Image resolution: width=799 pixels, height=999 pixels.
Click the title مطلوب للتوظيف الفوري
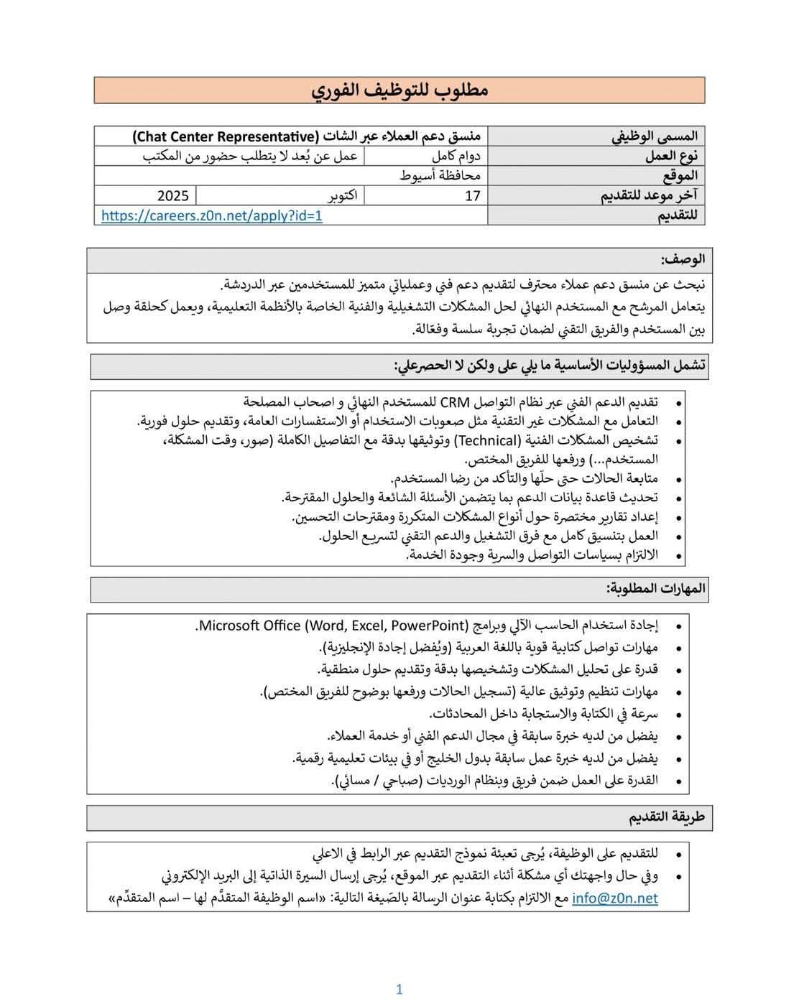coord(399,90)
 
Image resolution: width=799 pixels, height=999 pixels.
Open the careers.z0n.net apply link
coord(212,215)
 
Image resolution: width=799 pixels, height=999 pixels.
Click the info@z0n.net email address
coord(614,898)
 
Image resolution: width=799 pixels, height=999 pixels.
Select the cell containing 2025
coord(172,195)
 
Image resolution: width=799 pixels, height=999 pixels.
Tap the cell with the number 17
coord(472,195)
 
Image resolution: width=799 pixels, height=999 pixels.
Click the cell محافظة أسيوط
coord(440,175)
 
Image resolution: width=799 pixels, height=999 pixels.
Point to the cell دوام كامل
coord(456,156)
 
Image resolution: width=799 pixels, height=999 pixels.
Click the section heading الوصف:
coord(683,259)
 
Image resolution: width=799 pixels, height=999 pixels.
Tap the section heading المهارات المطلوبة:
coord(656,589)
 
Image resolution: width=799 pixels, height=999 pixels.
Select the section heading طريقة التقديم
coord(667,817)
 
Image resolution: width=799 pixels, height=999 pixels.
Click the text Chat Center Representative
coord(226,136)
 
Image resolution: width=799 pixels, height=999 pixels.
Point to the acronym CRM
coord(454,401)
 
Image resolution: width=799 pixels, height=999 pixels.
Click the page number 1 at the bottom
coord(399,989)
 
